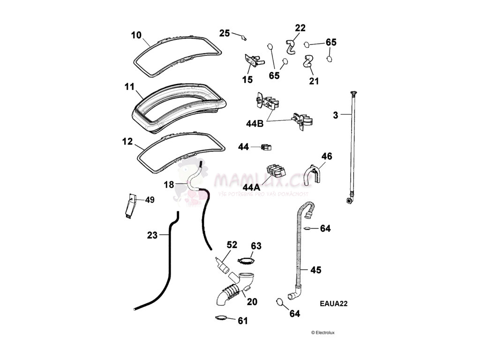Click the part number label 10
click(x=136, y=35)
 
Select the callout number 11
click(x=129, y=87)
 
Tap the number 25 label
click(x=225, y=33)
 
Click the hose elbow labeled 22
click(x=291, y=46)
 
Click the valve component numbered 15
click(x=253, y=60)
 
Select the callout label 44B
click(x=255, y=124)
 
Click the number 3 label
click(x=335, y=114)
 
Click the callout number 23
click(x=152, y=235)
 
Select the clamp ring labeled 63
click(x=247, y=260)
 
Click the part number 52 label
click(x=232, y=245)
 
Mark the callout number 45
click(x=316, y=270)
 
